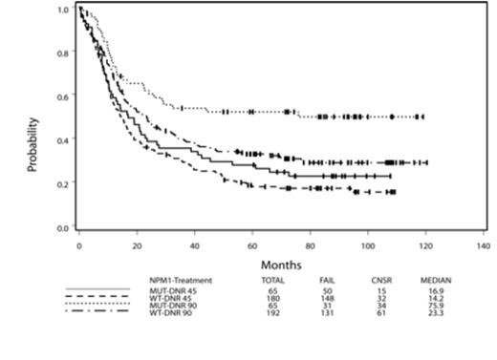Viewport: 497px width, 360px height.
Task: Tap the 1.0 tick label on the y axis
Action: [62, 9]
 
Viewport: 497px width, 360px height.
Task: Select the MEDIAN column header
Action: [436, 280]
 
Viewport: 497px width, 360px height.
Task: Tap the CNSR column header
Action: [382, 280]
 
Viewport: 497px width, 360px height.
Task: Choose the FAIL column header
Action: [328, 280]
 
